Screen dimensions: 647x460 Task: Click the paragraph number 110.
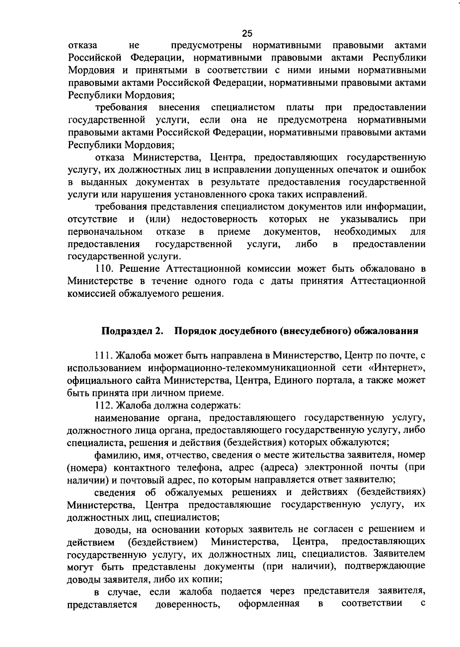pos(103,269)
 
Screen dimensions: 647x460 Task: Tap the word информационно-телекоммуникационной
pos(225,369)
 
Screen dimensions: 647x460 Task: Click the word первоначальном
pos(105,232)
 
